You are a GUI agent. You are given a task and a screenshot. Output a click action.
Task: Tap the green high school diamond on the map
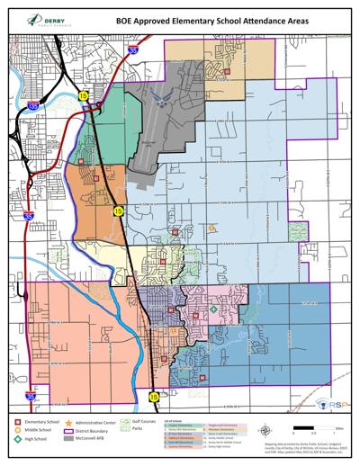coord(213,309)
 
